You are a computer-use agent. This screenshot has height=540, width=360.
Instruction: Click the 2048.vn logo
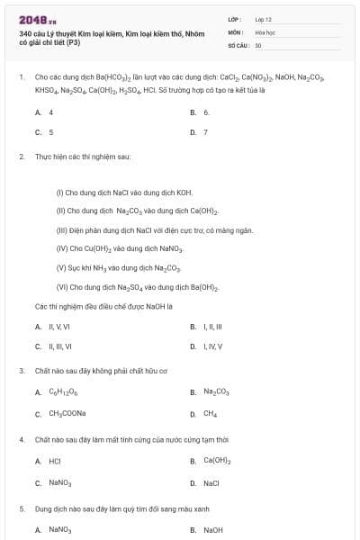(37, 19)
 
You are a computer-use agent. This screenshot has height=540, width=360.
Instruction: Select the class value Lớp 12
(263, 18)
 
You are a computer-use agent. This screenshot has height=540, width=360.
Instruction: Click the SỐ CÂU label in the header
(238, 44)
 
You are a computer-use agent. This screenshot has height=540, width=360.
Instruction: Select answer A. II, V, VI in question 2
(52, 326)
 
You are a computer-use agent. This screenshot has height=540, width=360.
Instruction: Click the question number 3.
(21, 370)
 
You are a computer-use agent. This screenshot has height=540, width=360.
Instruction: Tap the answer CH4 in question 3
(210, 414)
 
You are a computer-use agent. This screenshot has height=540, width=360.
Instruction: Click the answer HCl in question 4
(54, 461)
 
